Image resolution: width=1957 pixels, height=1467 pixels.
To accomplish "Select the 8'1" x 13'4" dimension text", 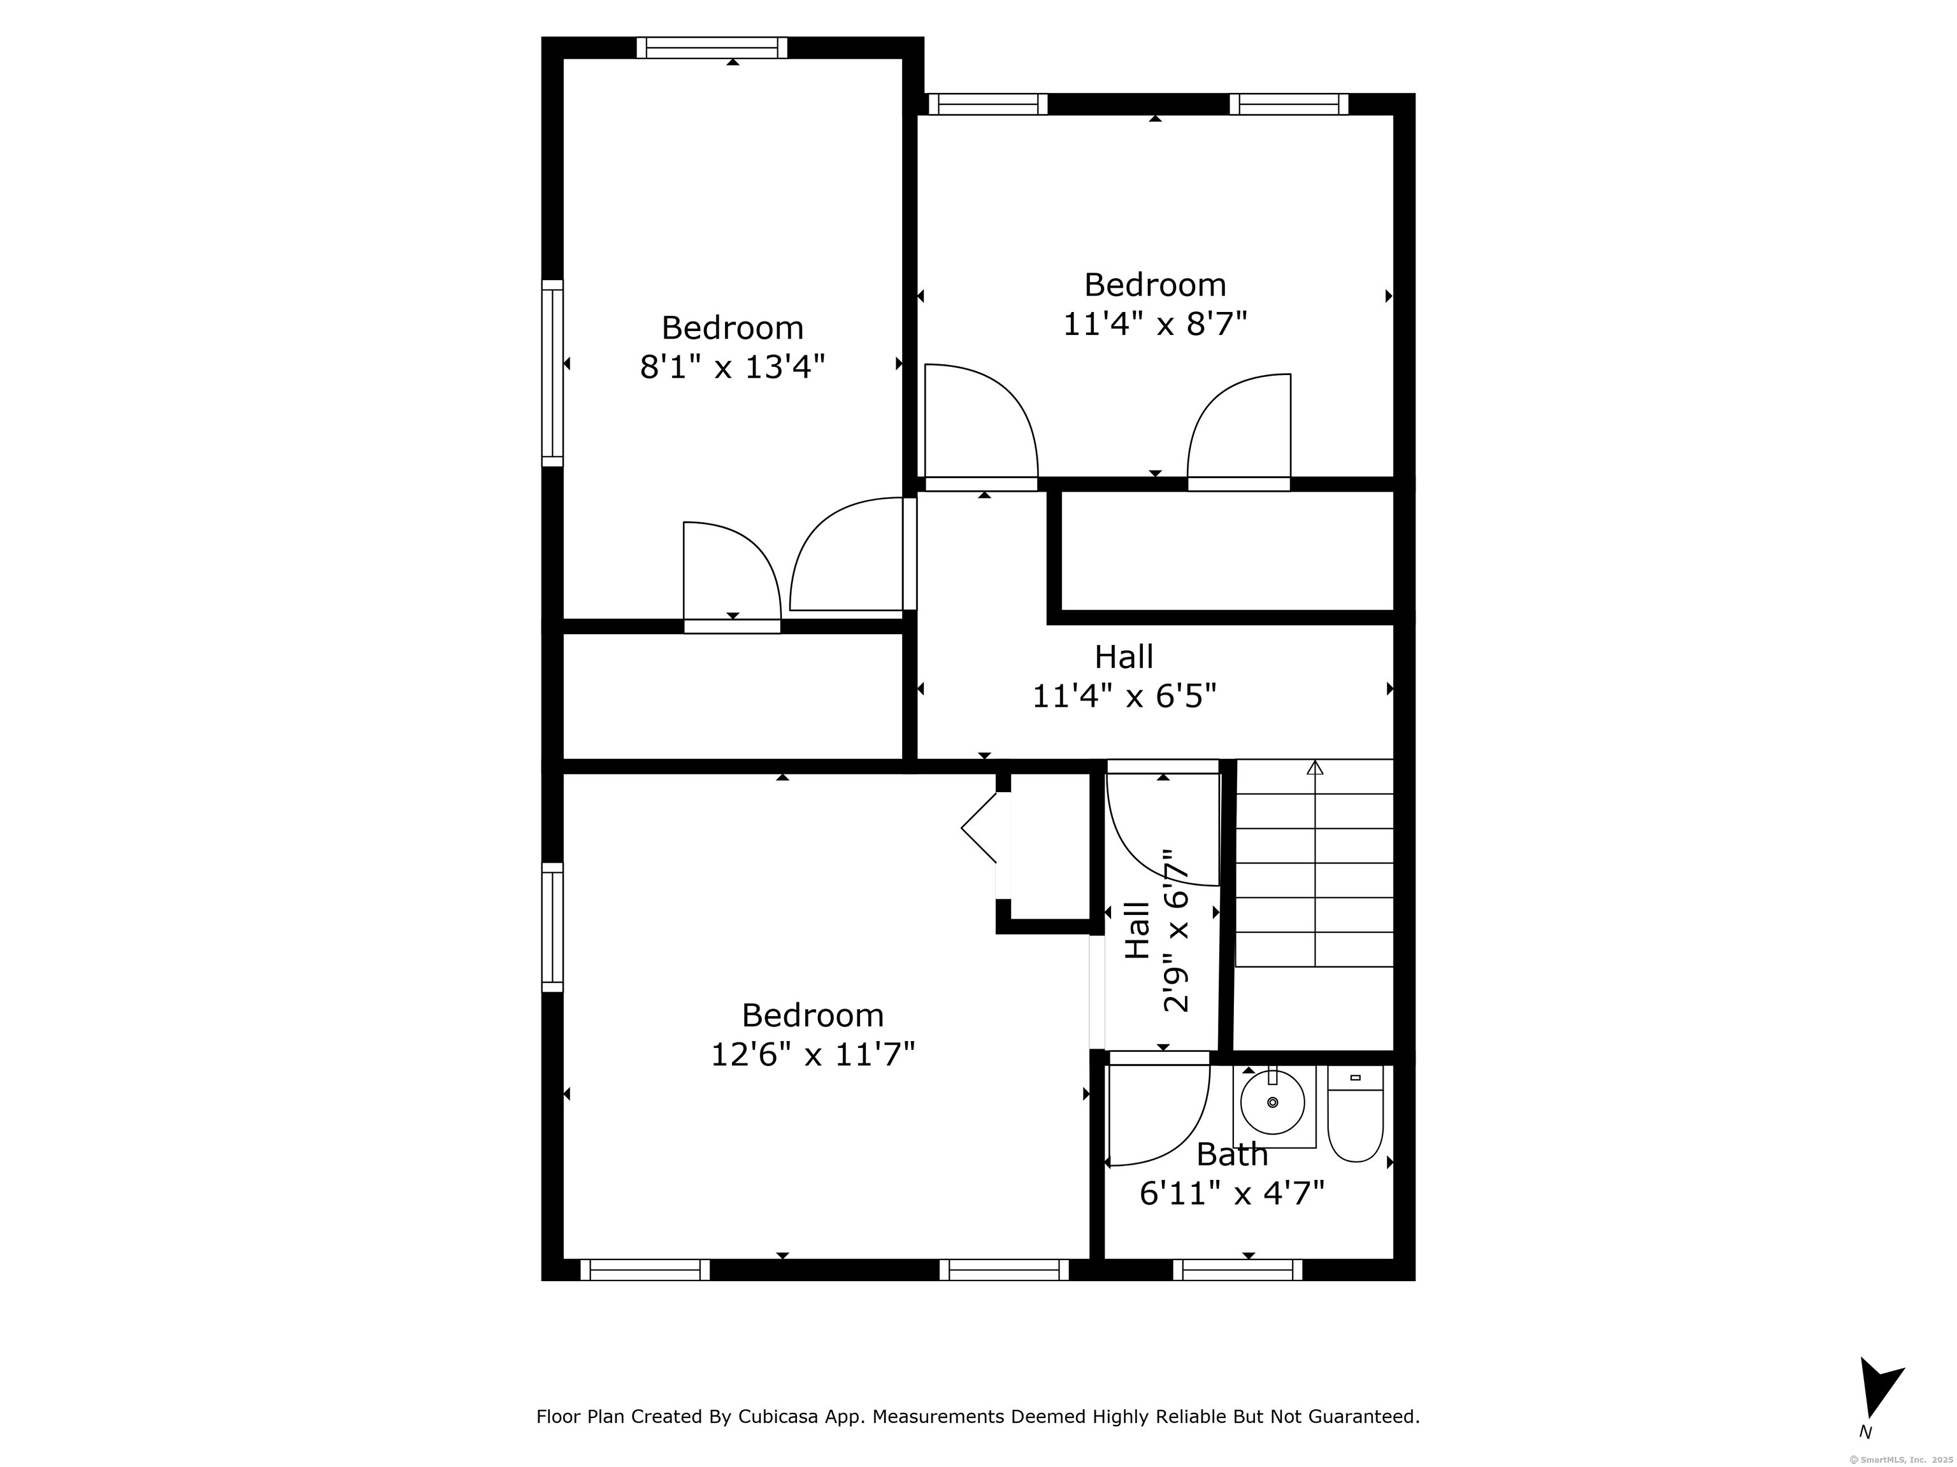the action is (733, 366).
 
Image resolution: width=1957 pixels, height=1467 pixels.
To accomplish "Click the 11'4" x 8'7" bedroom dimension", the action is (1154, 323).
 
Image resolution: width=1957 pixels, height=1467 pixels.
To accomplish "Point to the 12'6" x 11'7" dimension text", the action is (812, 1054).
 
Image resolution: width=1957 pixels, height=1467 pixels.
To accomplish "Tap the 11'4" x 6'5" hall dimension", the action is (1124, 697).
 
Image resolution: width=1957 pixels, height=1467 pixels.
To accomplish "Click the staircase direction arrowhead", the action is (1315, 767).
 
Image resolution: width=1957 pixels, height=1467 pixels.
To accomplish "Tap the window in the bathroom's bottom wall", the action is (1238, 1270).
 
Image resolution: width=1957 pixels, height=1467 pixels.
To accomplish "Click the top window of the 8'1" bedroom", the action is (712, 48).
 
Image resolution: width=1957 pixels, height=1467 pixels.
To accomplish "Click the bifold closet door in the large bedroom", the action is (979, 828).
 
